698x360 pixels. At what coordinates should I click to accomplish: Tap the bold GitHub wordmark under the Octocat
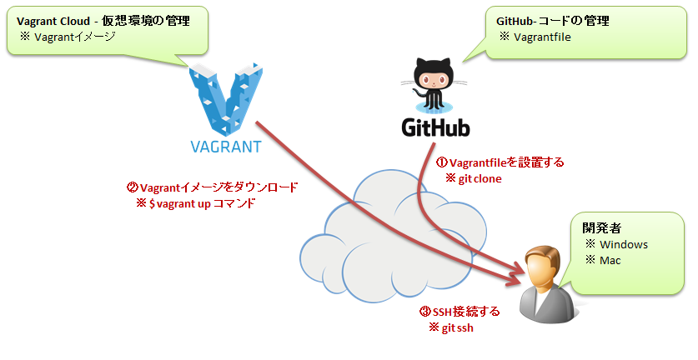click(x=435, y=127)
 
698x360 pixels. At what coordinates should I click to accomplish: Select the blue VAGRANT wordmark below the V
click(x=221, y=148)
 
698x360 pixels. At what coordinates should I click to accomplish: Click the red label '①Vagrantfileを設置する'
click(x=500, y=162)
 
